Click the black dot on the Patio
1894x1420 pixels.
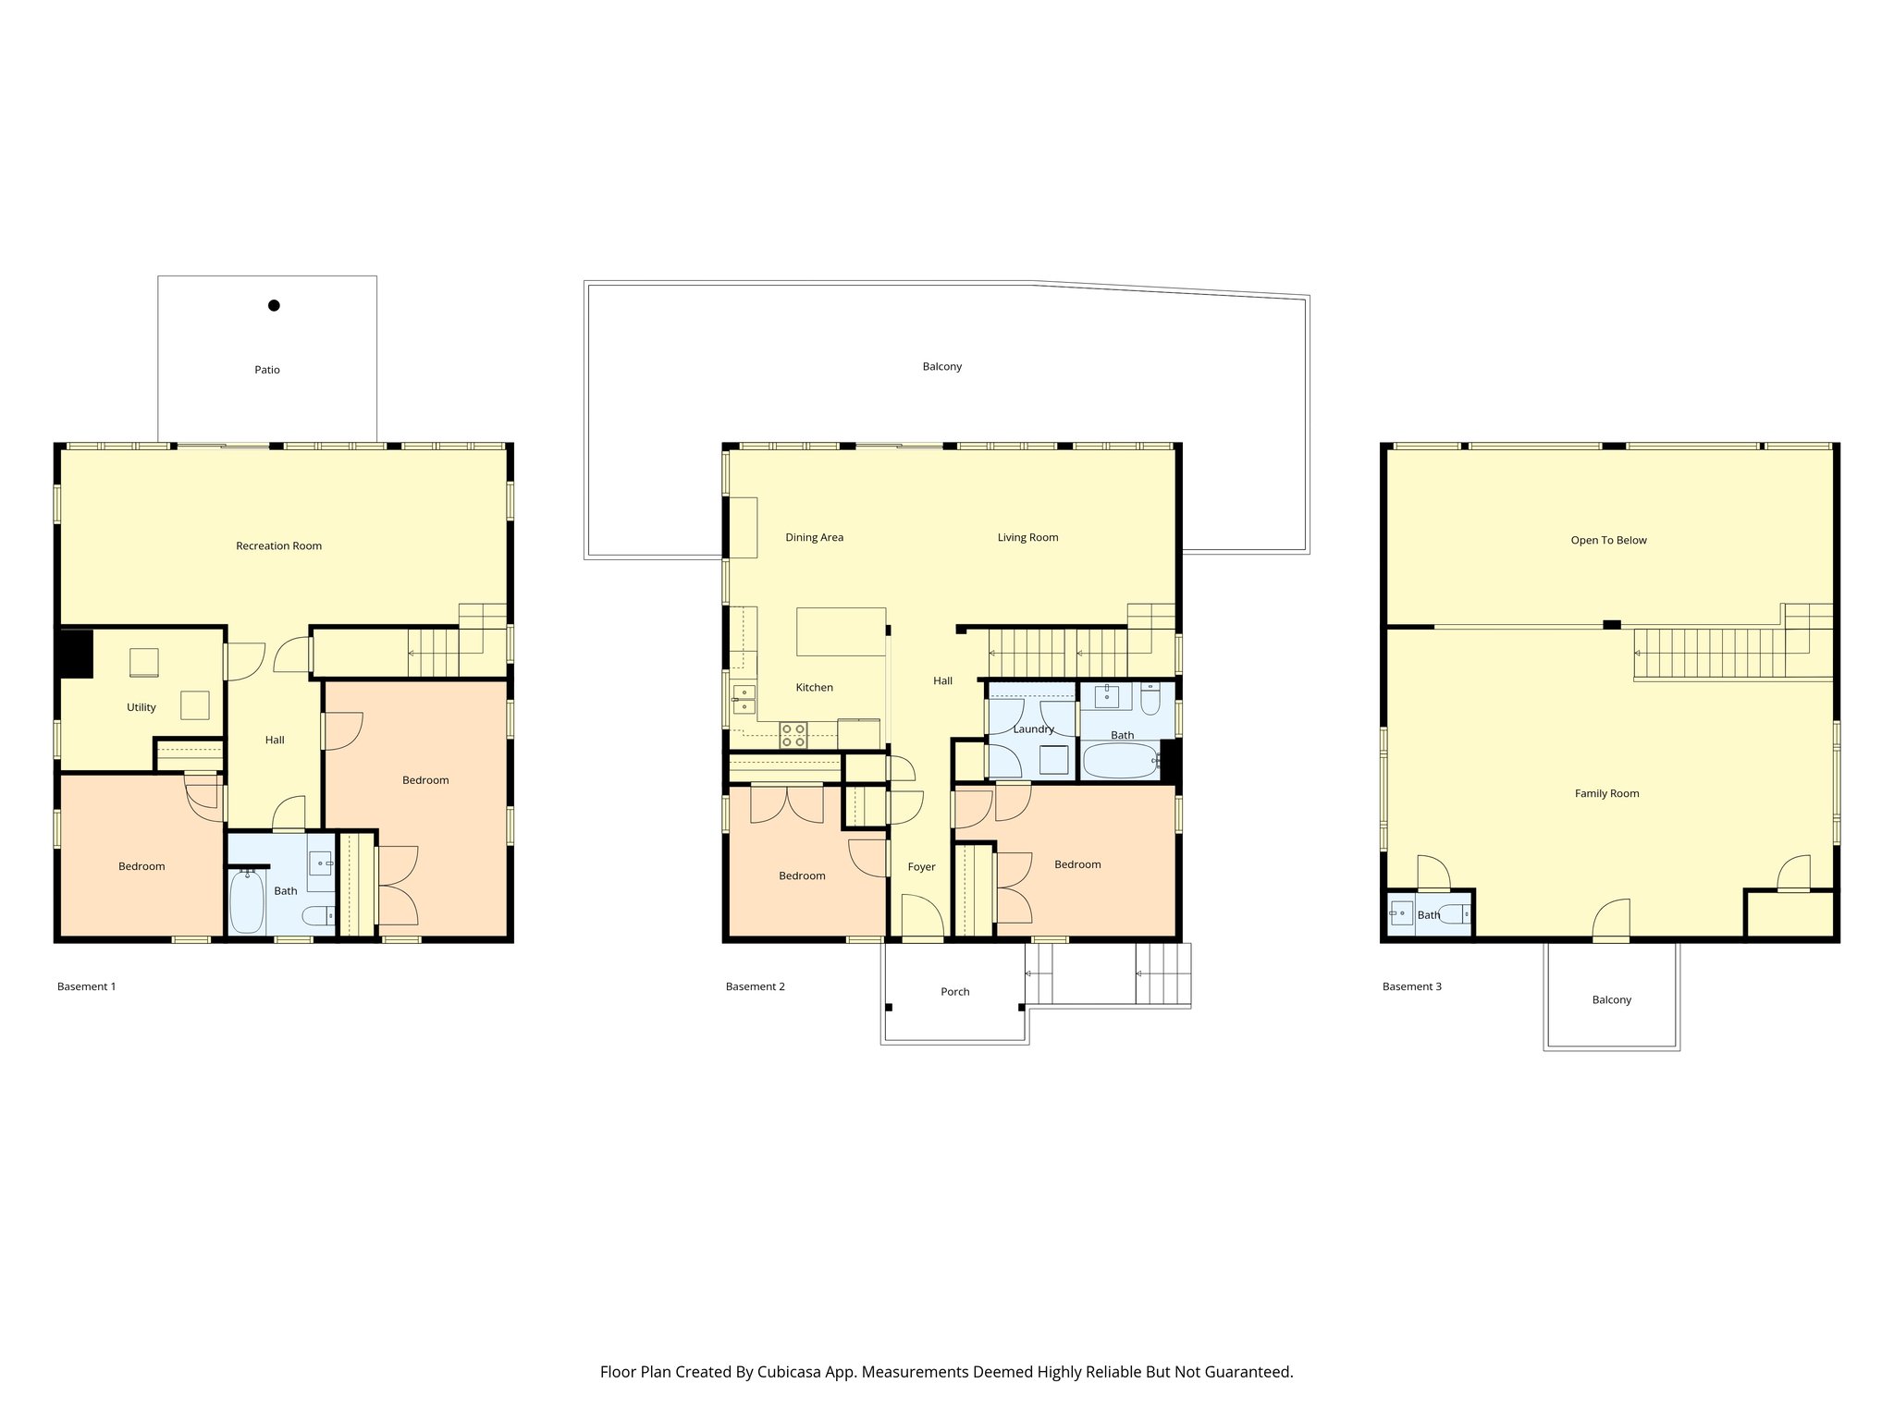tap(274, 305)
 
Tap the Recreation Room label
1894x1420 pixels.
tap(278, 546)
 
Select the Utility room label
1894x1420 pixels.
tap(141, 707)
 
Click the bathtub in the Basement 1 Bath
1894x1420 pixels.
tap(246, 902)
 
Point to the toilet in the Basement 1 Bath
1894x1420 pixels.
tap(318, 916)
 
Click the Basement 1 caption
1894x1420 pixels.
tap(86, 986)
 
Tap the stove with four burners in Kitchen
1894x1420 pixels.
tap(793, 735)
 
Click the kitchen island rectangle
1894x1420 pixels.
tap(841, 631)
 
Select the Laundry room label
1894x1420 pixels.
tap(1033, 729)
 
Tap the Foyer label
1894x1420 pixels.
tap(921, 867)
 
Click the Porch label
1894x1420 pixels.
tap(954, 992)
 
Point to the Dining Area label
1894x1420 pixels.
tap(814, 537)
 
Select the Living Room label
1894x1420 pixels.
tap(1027, 537)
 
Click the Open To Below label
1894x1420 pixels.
tap(1608, 540)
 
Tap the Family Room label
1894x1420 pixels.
tap(1606, 793)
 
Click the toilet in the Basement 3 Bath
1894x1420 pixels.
tap(1453, 914)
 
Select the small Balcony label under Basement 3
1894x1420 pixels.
tap(1611, 999)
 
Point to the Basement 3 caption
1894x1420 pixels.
tap(1411, 986)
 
